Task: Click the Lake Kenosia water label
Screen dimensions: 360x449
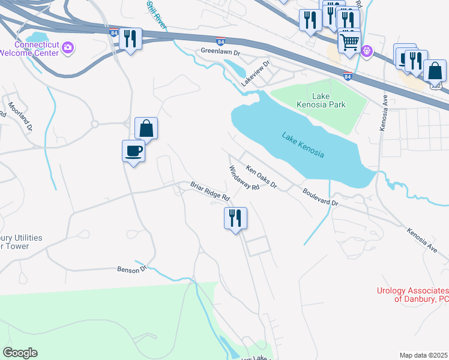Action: [x=303, y=145]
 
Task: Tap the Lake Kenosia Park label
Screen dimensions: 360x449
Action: [x=321, y=100]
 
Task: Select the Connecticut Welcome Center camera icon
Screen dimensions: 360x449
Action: [x=68, y=47]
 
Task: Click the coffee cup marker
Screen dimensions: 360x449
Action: [x=133, y=151]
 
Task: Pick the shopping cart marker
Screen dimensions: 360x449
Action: [x=349, y=41]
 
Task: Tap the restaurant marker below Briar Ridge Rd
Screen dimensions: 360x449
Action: [x=235, y=218]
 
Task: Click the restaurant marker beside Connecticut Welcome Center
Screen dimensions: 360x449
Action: [x=130, y=39]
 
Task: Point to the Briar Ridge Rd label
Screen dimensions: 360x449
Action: [x=210, y=191]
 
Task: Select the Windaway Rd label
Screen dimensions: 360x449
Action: [x=243, y=178]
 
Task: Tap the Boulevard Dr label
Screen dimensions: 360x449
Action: [x=321, y=198]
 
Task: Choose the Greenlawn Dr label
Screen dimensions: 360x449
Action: [x=220, y=52]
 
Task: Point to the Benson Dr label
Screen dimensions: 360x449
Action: [x=131, y=270]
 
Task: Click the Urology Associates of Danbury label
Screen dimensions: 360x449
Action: [x=413, y=295]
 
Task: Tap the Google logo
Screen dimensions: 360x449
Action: [x=20, y=353]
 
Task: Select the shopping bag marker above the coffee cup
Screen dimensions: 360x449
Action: [x=146, y=128]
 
